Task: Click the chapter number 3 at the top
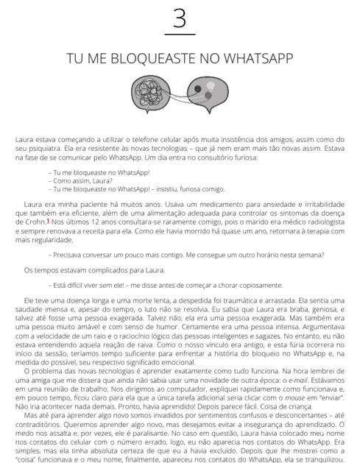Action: (178, 18)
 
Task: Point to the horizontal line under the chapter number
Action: (179, 35)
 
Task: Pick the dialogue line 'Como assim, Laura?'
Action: (74, 179)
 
